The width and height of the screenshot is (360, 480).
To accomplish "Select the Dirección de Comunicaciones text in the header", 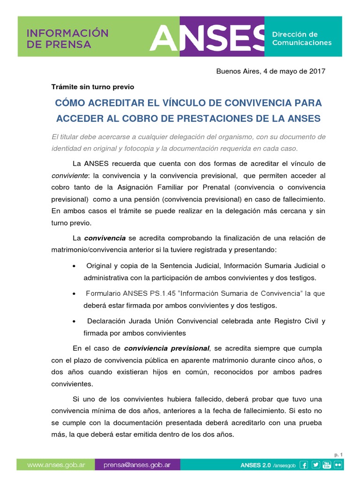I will click(x=301, y=38).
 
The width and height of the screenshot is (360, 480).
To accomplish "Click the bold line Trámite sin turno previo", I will click(x=92, y=87).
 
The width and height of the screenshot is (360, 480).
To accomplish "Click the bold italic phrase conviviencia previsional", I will click(x=166, y=348).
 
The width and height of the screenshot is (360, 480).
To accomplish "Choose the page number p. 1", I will click(x=339, y=455).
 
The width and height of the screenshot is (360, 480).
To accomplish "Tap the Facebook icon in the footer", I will click(x=304, y=465).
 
